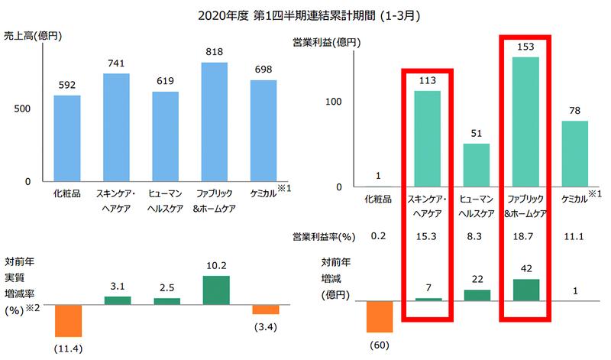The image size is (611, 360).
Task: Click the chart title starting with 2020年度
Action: tap(306, 15)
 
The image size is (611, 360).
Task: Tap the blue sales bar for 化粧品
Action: tap(67, 138)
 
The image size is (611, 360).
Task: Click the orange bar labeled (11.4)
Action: tap(67, 320)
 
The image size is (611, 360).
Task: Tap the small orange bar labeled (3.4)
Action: tap(266, 310)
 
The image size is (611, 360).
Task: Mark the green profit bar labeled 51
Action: tap(477, 165)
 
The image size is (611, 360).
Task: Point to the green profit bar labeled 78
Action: tap(575, 154)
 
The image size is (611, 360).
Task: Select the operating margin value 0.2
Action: tap(378, 236)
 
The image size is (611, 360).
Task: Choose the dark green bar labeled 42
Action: tap(526, 290)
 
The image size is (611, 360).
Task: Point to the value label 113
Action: tap(427, 79)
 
